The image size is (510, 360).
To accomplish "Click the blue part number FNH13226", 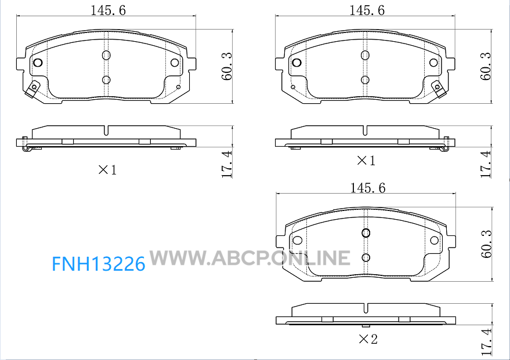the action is [x=99, y=264].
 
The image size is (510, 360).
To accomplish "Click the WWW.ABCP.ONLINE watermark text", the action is [x=250, y=257].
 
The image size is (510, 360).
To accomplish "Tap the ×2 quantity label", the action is [x=368, y=339].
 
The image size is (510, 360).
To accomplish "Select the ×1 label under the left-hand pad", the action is [x=107, y=169].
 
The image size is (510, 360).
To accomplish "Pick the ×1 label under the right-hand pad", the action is [x=366, y=160].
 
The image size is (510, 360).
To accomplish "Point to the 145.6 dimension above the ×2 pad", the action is [x=367, y=187].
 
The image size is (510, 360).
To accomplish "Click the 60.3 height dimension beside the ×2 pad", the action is [x=487, y=244].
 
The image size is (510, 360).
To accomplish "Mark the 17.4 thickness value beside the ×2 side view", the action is [x=487, y=342].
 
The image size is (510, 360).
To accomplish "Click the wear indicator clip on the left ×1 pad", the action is [x=32, y=88].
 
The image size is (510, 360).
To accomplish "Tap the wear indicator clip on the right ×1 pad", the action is [x=439, y=88].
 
